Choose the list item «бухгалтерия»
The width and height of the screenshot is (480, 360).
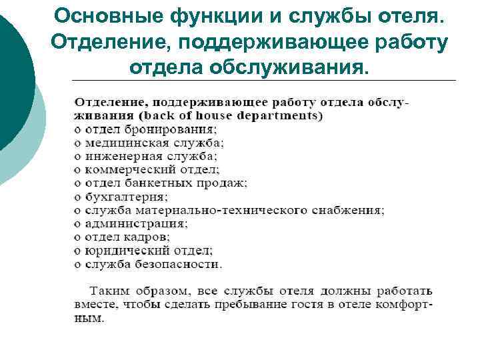[125, 196]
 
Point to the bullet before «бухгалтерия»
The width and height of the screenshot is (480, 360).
[77, 197]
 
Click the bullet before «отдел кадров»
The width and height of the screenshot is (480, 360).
[77, 237]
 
